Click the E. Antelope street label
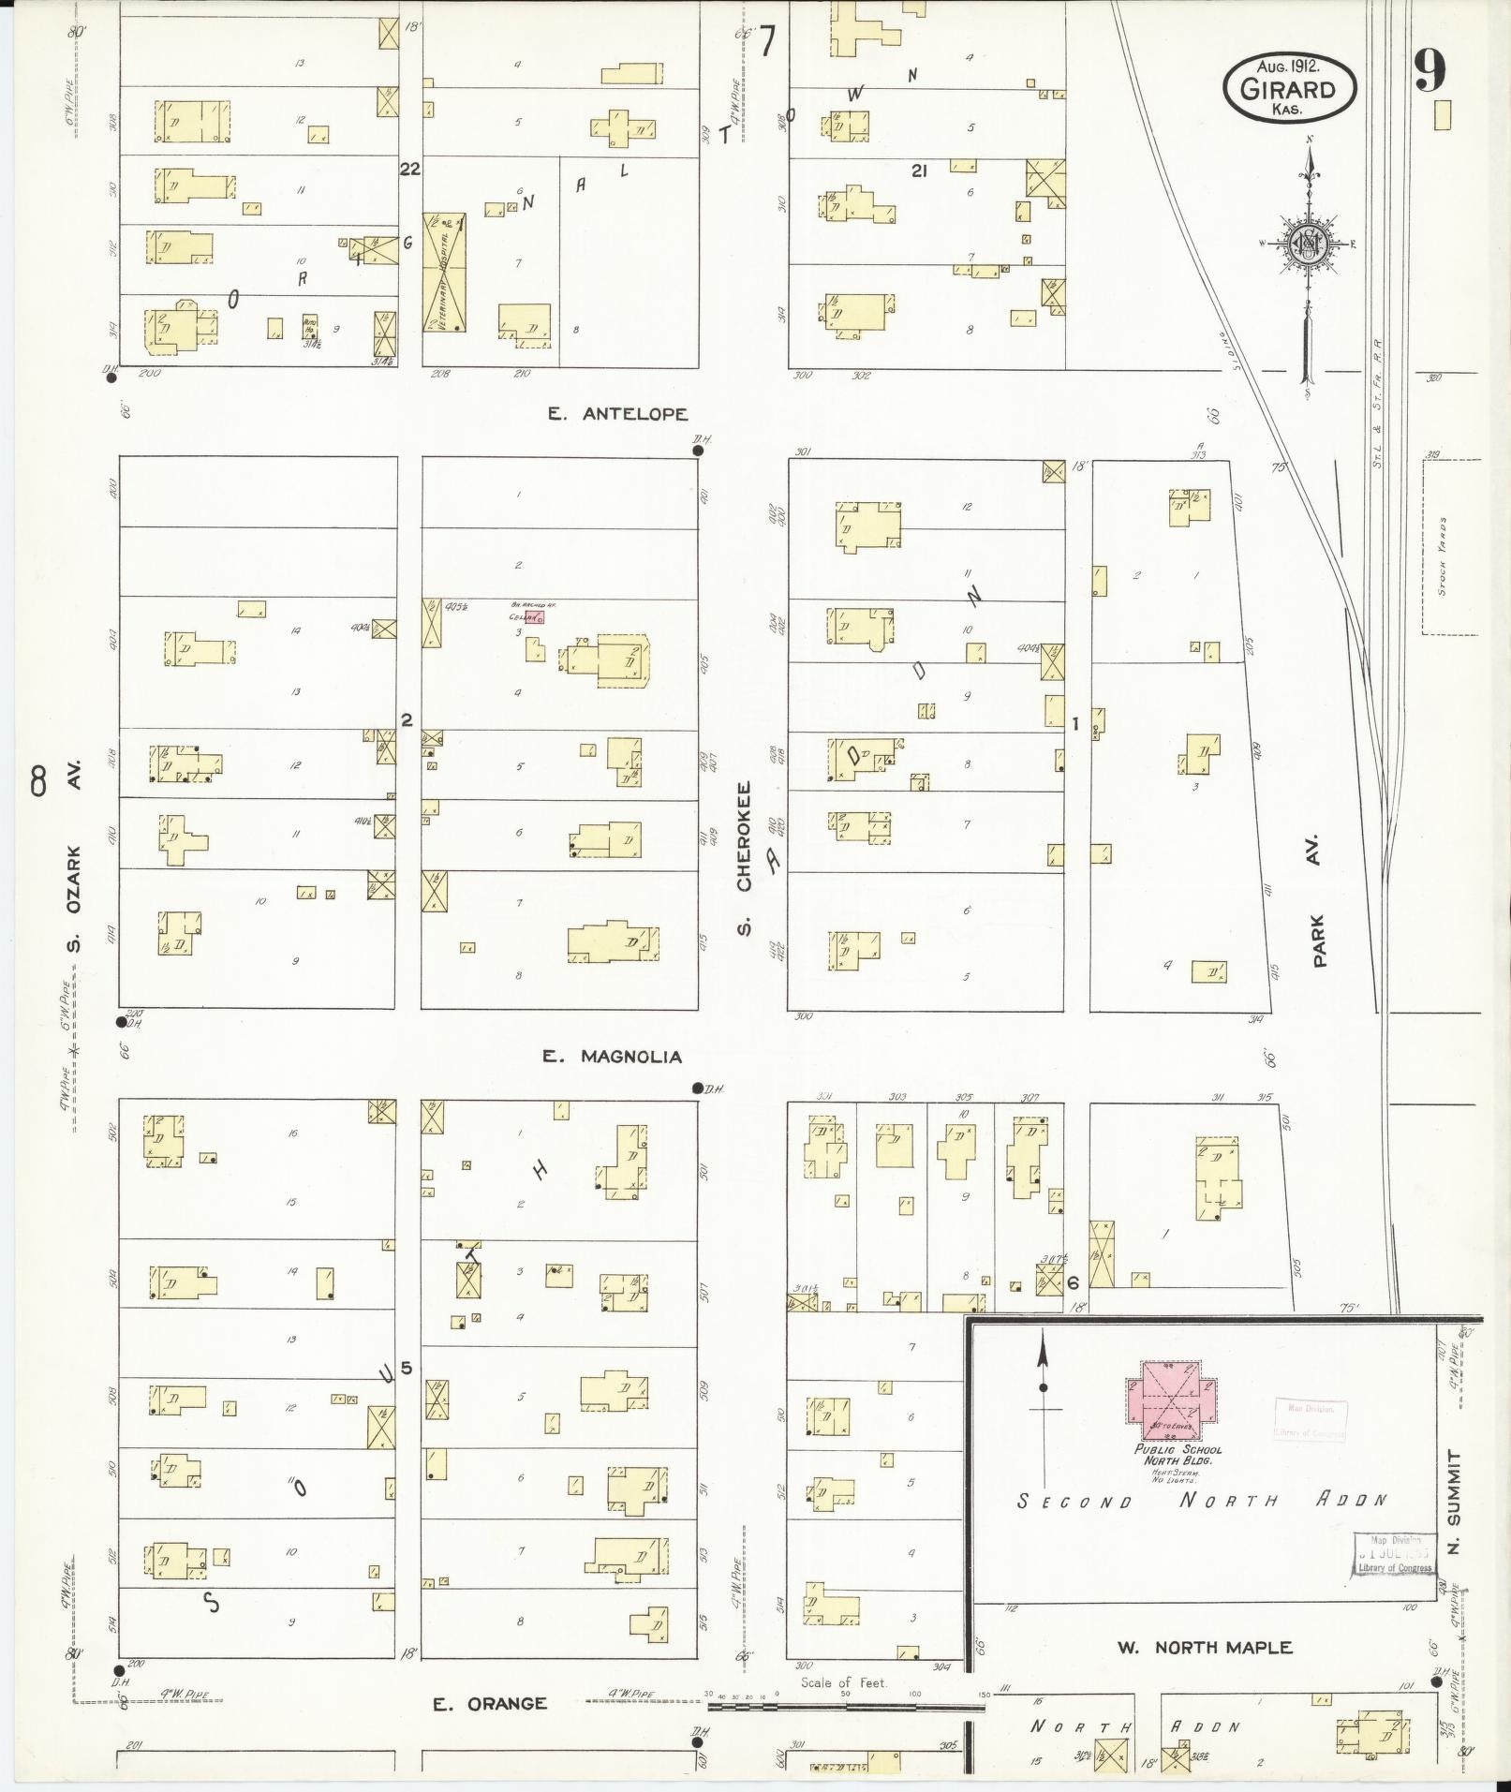(x=618, y=413)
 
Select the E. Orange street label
(x=490, y=1704)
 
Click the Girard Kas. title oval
(x=1289, y=88)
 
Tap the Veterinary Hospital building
(x=444, y=273)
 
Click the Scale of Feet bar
(x=843, y=1707)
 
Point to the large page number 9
(x=1430, y=71)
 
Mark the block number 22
(x=409, y=169)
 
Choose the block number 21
(x=919, y=170)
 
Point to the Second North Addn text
(x=1202, y=1500)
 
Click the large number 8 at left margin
(x=37, y=780)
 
